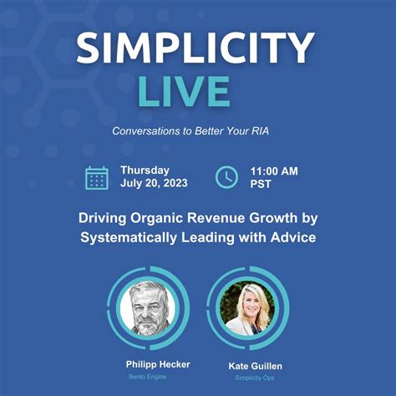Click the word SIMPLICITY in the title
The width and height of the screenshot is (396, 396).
coord(198,49)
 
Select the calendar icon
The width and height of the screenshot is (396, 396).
coord(97,177)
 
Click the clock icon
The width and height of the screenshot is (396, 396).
coord(226,177)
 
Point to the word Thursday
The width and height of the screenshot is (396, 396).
coord(145,170)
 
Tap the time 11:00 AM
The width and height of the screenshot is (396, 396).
coord(274,170)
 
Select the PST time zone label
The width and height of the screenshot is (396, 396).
coord(261,185)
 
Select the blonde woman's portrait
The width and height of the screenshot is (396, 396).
coord(247,308)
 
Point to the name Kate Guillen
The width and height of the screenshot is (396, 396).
coord(248,367)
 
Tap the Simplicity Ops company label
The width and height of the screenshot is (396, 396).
coord(248,378)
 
